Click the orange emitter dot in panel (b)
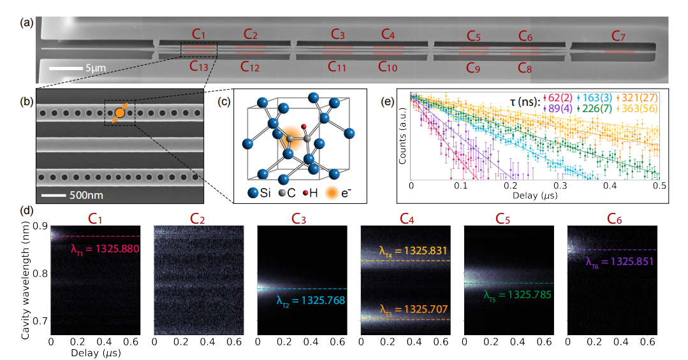120,113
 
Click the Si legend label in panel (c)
268,192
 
